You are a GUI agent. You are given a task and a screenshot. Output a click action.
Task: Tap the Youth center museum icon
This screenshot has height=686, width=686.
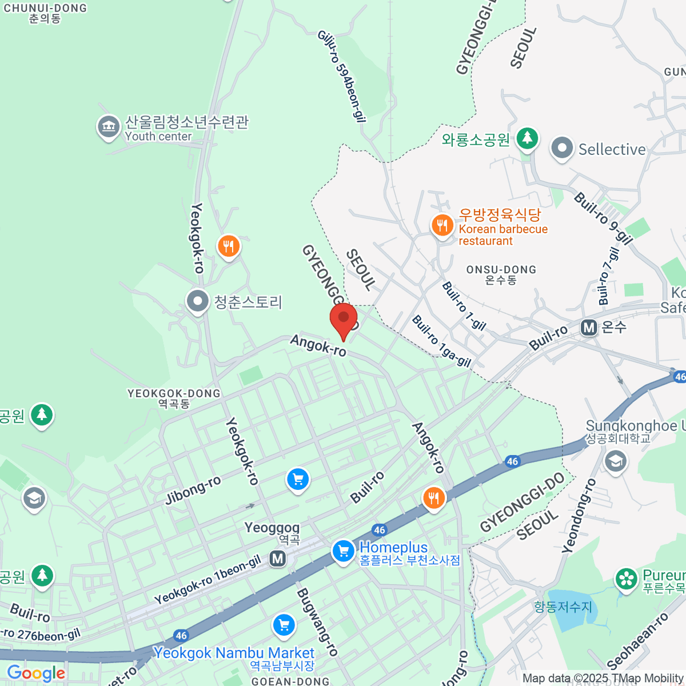click(108, 127)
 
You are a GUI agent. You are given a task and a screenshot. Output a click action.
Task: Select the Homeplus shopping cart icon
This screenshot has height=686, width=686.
click(344, 552)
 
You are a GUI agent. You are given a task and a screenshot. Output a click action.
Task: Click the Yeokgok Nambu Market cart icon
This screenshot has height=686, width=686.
click(284, 625)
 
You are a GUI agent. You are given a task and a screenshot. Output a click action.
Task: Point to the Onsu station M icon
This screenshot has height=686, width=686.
click(589, 328)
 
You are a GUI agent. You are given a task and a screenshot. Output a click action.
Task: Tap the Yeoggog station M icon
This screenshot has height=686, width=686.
click(278, 558)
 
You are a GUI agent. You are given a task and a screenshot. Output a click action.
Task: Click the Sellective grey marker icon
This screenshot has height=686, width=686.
click(562, 149)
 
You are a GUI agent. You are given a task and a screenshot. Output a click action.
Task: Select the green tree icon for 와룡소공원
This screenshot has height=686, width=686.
click(527, 138)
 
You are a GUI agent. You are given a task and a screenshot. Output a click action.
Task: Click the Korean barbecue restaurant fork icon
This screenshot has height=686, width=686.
click(442, 226)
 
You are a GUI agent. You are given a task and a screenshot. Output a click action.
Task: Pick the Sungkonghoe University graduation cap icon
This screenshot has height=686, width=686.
click(616, 461)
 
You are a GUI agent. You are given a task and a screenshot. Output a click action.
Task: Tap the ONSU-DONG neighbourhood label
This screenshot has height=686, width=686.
click(501, 274)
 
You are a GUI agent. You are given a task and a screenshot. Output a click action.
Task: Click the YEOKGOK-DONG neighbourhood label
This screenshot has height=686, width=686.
click(174, 398)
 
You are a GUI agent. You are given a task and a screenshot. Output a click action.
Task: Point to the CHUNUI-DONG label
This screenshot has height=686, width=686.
click(45, 13)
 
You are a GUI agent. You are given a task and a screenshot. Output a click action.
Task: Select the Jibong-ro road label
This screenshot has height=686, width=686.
click(193, 490)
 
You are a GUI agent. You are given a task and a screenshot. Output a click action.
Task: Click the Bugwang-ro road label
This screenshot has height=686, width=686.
click(317, 622)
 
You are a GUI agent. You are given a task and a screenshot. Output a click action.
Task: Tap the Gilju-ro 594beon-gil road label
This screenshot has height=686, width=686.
click(342, 76)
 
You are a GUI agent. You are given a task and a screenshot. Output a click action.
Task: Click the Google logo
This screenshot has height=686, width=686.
click(36, 673)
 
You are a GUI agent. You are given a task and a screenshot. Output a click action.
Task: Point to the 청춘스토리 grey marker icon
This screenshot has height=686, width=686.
click(198, 301)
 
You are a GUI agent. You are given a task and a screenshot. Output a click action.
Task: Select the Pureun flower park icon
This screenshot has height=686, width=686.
click(627, 579)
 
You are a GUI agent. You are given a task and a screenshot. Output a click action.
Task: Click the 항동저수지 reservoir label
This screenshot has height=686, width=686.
click(563, 607)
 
